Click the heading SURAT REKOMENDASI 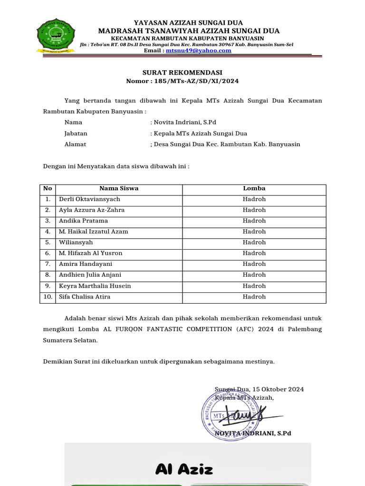pyautogui.click(x=182, y=73)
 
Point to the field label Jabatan pyautogui.click(x=76, y=133)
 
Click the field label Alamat pyautogui.click(x=75, y=144)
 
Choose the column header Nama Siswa pyautogui.click(x=119, y=188)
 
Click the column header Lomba pyautogui.click(x=254, y=188)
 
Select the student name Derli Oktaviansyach pyautogui.click(x=89, y=199)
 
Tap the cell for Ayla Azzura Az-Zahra pyautogui.click(x=92, y=210)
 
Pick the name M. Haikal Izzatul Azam pyautogui.click(x=93, y=232)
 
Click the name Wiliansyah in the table pyautogui.click(x=76, y=243)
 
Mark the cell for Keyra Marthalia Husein pyautogui.click(x=95, y=286)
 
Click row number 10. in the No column pyautogui.click(x=48, y=297)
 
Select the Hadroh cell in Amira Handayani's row pyautogui.click(x=254, y=264)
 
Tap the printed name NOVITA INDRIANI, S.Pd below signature pyautogui.click(x=252, y=433)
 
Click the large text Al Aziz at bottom pyautogui.click(x=184, y=470)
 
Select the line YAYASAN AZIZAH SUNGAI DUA pyautogui.click(x=188, y=22)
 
